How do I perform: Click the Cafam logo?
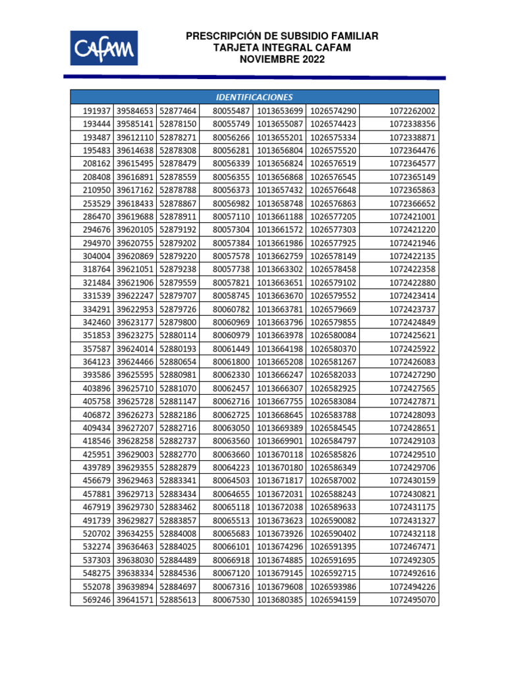[x=104, y=47]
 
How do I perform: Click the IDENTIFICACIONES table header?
[x=254, y=96]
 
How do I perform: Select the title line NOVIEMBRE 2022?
[x=282, y=59]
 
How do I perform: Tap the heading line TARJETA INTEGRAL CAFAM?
[x=282, y=47]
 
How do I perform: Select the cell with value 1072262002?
[x=412, y=111]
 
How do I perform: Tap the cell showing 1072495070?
[x=412, y=600]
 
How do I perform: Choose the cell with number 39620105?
[x=135, y=229]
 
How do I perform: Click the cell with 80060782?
[x=231, y=308]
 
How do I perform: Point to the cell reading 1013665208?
[x=280, y=361]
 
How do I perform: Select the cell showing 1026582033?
[x=333, y=374]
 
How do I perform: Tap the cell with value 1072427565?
[x=412, y=388]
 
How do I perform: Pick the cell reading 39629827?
[x=135, y=520]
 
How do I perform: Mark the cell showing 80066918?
[x=231, y=560]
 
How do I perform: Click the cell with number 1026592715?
[x=333, y=573]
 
